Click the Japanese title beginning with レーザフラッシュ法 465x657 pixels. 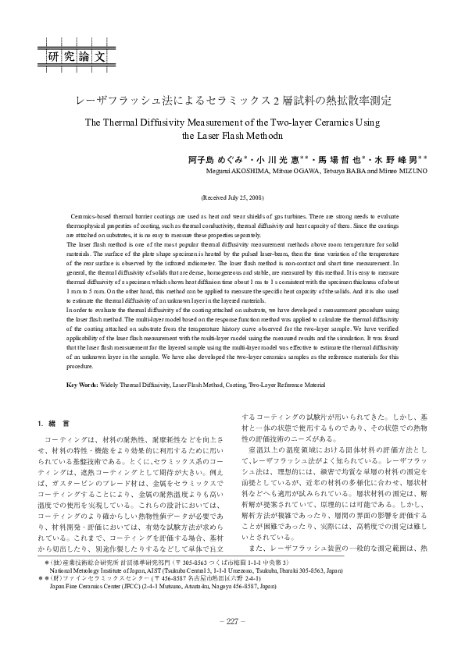pos(232,101)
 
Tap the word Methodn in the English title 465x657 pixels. pos(257,134)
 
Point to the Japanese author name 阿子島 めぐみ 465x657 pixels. pos(216,158)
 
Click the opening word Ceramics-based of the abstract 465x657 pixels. pos(91,213)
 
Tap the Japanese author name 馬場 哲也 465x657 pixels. pos(338,158)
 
